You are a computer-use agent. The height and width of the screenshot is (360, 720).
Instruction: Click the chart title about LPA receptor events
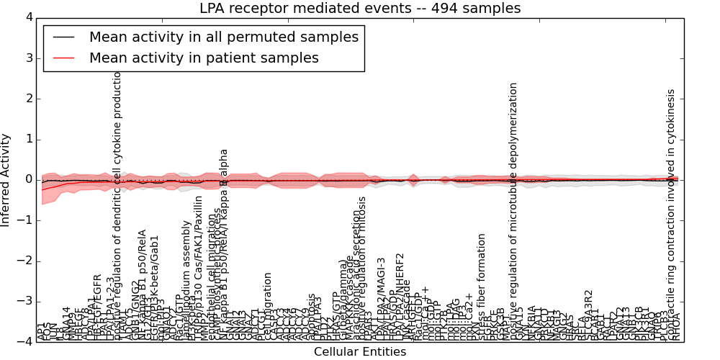(x=360, y=8)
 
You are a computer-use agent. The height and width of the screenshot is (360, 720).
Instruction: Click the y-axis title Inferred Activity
(x=6, y=179)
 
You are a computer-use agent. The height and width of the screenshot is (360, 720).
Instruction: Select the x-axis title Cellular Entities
(x=360, y=352)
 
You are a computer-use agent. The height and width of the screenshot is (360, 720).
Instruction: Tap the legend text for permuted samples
(x=223, y=37)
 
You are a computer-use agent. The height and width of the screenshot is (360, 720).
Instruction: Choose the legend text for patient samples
(x=204, y=58)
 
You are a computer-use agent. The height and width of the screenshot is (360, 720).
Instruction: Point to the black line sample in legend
(x=64, y=37)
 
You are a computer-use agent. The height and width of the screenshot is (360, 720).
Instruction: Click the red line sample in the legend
(x=64, y=58)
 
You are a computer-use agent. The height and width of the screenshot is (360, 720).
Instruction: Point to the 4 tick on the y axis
(x=28, y=17)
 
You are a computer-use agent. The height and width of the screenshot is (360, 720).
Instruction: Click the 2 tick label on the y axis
(x=28, y=99)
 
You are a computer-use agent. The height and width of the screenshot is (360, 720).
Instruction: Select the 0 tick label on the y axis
(x=28, y=179)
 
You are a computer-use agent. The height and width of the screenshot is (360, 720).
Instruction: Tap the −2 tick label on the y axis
(x=25, y=261)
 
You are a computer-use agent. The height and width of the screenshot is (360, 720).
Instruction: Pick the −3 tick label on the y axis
(x=25, y=302)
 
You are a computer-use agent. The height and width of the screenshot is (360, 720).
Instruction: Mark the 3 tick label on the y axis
(x=28, y=58)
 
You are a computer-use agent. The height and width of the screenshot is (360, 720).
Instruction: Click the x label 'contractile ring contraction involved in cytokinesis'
(x=671, y=216)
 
